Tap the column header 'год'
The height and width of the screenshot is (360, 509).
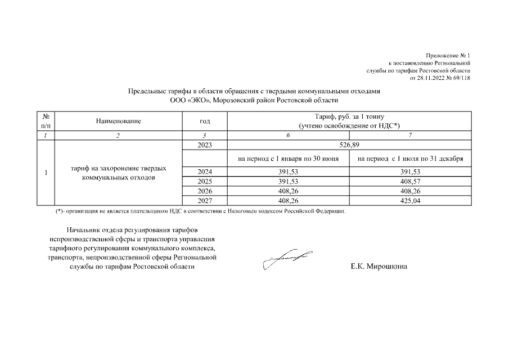(205, 121)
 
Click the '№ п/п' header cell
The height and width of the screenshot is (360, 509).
(45, 121)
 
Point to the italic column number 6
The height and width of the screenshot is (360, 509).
(288, 136)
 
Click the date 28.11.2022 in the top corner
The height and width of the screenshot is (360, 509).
(433, 78)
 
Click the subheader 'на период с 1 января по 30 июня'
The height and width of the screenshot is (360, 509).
(288, 159)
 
